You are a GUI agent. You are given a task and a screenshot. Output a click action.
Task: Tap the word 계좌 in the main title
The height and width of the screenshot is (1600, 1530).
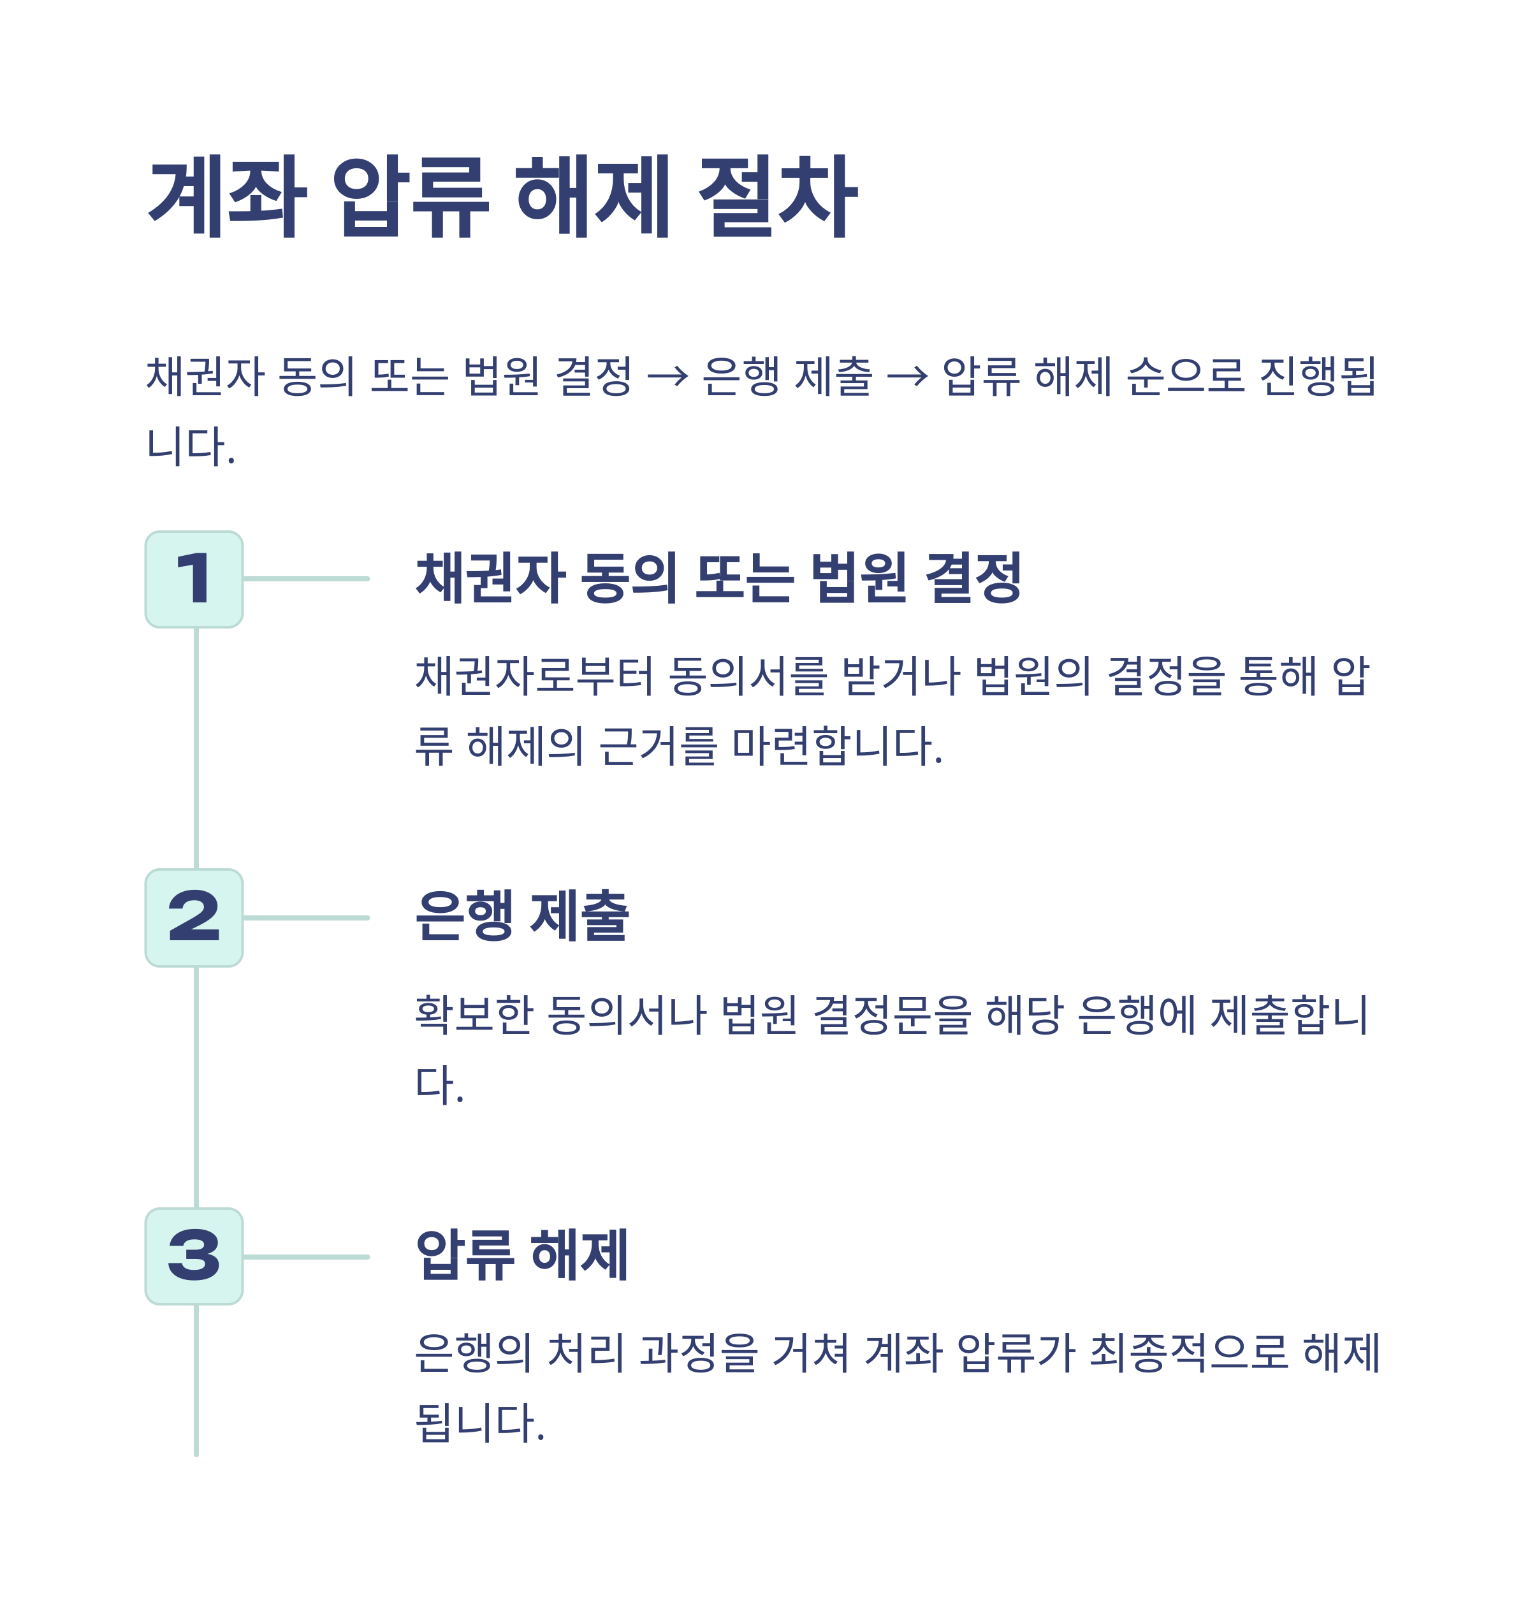(x=228, y=196)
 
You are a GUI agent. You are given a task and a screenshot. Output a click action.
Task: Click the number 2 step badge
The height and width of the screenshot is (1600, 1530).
(x=194, y=918)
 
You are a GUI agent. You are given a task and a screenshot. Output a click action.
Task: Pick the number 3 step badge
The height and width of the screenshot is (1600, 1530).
(x=194, y=1256)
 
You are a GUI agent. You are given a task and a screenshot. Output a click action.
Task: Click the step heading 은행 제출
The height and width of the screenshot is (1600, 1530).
(x=522, y=916)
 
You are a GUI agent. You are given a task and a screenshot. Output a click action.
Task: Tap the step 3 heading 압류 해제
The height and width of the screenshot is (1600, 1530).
(x=522, y=1255)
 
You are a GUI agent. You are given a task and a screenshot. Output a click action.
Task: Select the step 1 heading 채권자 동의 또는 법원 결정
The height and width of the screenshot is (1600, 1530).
(x=718, y=578)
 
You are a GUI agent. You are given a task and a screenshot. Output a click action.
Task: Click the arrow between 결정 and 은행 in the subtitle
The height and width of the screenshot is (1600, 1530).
(x=667, y=377)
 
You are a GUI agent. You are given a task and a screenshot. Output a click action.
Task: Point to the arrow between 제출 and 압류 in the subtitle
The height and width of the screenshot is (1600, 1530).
(x=907, y=377)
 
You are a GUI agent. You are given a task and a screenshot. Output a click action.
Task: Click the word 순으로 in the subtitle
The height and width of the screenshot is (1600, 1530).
(x=1186, y=377)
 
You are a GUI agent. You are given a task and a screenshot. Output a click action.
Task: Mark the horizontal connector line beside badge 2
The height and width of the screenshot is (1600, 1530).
(x=306, y=918)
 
